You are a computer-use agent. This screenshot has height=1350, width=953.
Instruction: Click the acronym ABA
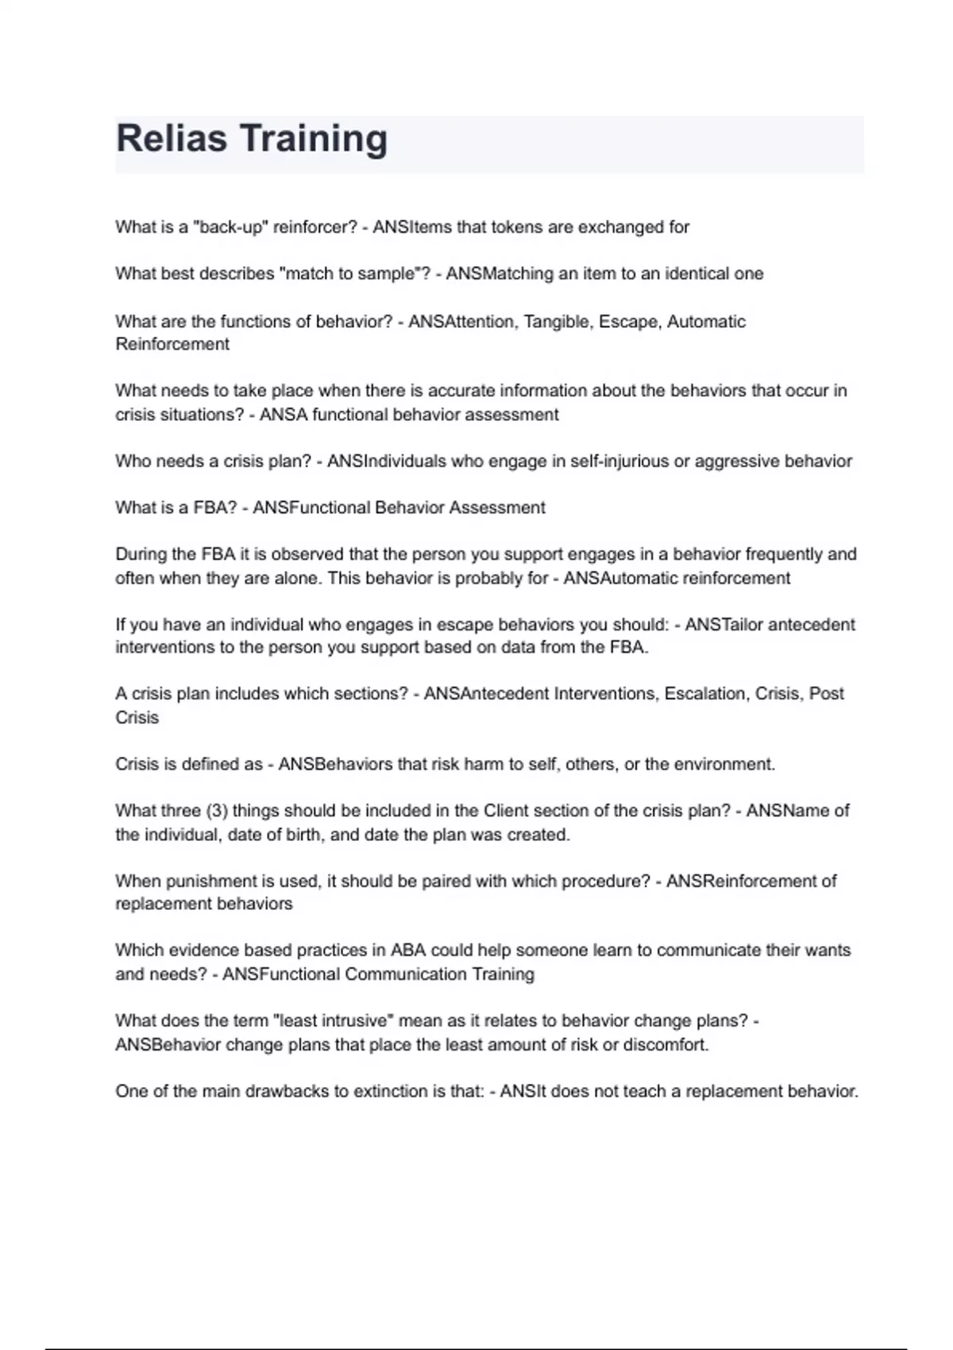tap(408, 951)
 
